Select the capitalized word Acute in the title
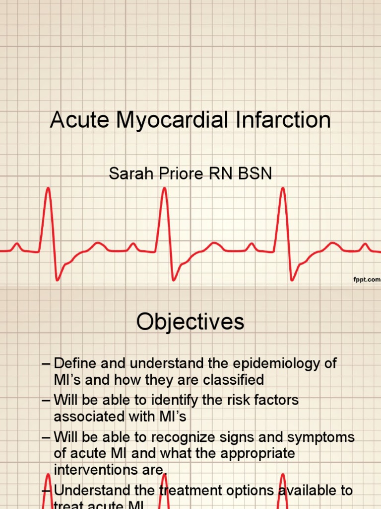point(79,121)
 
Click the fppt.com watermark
point(366,280)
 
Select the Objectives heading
point(190,322)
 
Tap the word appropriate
point(252,454)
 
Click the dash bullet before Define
point(47,363)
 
